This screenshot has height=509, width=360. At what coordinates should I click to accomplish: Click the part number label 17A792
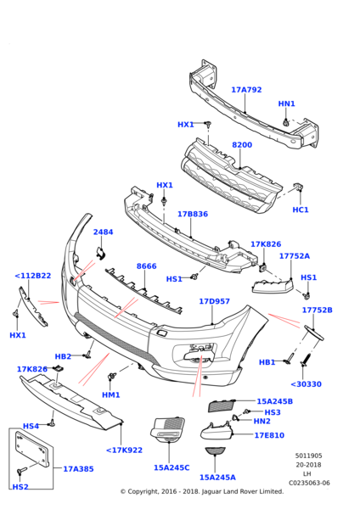tap(246, 89)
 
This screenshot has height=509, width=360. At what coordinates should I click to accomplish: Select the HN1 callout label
tap(286, 103)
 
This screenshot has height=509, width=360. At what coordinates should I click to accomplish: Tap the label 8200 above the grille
tap(242, 145)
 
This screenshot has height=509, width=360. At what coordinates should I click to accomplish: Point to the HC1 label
tap(301, 210)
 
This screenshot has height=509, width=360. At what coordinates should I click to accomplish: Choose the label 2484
tap(103, 232)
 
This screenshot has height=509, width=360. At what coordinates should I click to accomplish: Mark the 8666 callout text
tap(146, 266)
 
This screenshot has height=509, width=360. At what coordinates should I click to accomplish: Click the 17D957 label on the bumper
tap(214, 301)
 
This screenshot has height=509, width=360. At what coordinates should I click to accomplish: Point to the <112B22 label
tap(32, 276)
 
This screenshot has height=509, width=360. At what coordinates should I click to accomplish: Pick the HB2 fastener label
tap(63, 357)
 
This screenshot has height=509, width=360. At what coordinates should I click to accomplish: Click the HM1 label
tap(110, 394)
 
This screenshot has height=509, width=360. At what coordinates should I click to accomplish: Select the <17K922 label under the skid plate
tap(124, 450)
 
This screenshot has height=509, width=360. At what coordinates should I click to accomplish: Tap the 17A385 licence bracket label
tap(78, 468)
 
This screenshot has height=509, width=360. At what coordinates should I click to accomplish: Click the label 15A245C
tap(172, 467)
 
